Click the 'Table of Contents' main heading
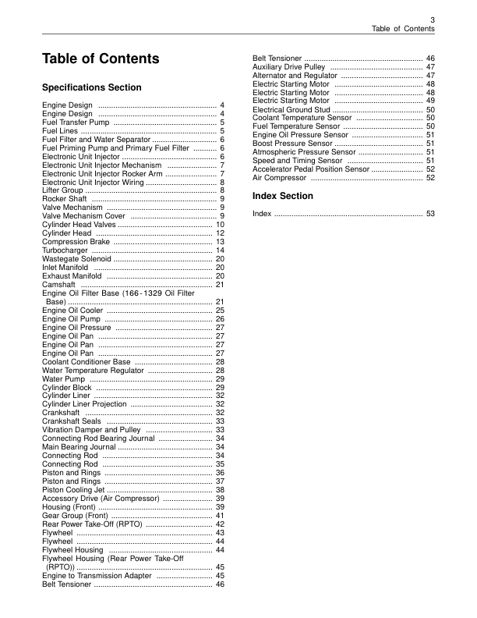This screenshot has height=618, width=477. pyautogui.click(x=101, y=59)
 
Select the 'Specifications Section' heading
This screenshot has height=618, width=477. pyautogui.click(x=92, y=87)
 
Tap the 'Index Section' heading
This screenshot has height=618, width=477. pyautogui.click(x=283, y=196)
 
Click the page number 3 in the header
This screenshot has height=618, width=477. pyautogui.click(x=432, y=20)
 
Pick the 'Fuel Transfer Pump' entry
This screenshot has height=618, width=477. pyautogui.click(x=76, y=123)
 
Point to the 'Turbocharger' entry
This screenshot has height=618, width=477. pyautogui.click(x=65, y=250)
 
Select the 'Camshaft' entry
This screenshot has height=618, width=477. pyautogui.click(x=60, y=285)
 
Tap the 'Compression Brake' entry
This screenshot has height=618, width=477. pyautogui.click(x=76, y=242)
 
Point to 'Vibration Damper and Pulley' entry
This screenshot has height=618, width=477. pyautogui.click(x=91, y=430)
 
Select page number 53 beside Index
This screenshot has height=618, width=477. pyautogui.click(x=429, y=213)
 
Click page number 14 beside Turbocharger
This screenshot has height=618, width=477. pyautogui.click(x=220, y=250)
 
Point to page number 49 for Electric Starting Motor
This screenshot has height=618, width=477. pyautogui.click(x=429, y=101)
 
